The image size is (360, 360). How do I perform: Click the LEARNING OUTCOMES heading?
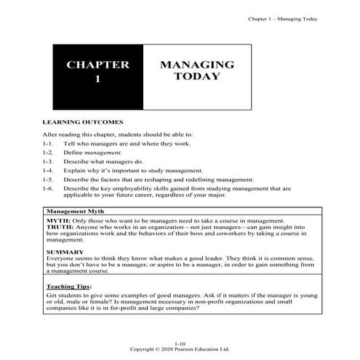tap(84, 123)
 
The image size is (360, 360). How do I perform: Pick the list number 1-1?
tap(49, 145)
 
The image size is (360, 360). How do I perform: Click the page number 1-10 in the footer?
tap(180, 342)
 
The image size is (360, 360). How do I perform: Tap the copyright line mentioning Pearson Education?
tap(180, 348)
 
